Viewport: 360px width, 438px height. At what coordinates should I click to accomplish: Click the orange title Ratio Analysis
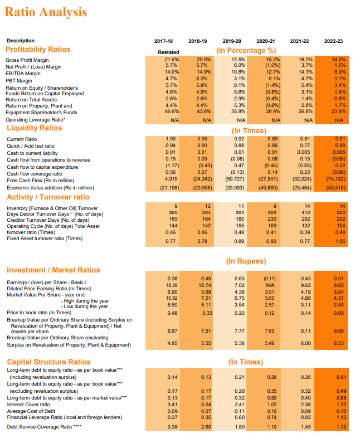46,12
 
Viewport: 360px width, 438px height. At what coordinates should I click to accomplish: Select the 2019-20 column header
231,41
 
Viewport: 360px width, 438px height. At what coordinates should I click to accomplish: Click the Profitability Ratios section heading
38,49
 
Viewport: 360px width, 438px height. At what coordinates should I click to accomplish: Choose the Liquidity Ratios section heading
34,128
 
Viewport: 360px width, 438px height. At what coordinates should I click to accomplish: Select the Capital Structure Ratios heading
48,362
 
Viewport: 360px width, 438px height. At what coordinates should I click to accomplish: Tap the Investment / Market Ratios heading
53,270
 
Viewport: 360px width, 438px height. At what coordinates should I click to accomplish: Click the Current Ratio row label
22,139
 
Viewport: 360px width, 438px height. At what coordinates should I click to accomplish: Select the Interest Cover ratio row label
27,405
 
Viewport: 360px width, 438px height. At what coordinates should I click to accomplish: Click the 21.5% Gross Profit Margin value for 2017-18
172,59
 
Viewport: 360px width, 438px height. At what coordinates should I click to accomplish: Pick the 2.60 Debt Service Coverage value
206,427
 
